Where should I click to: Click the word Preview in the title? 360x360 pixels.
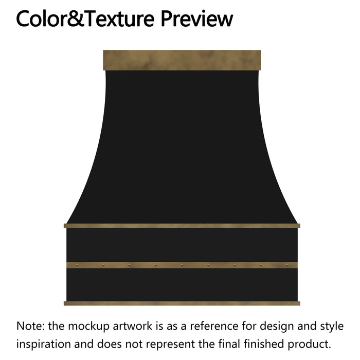click(x=197, y=19)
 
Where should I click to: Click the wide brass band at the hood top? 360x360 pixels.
click(x=182, y=60)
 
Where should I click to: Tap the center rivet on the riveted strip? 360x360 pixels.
click(x=182, y=265)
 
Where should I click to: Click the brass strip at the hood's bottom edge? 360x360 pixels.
click(x=182, y=303)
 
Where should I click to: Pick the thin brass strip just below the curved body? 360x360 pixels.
click(x=182, y=225)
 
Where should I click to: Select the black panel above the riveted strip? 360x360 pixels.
click(x=182, y=245)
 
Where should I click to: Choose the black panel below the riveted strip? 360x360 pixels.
click(x=182, y=284)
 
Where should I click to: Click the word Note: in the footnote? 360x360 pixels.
click(x=30, y=326)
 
